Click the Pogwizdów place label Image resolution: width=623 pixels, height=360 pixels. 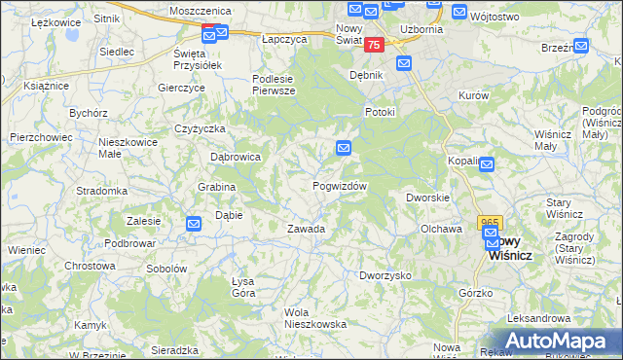pos(339,186)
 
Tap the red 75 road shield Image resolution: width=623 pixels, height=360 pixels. pos(376,46)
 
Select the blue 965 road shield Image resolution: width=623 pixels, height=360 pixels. pos(489,223)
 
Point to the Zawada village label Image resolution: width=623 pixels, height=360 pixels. pos(305,229)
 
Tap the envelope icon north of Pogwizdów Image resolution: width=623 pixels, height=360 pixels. pos(344,148)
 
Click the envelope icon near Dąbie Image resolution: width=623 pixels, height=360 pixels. pos(194,224)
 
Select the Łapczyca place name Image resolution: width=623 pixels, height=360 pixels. pos(284,40)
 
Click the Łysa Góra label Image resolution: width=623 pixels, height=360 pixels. pos(243,287)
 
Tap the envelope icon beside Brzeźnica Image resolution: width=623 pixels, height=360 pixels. pos(581,46)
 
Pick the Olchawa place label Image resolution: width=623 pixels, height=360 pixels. pos(440,229)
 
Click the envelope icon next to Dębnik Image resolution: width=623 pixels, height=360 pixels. pos(404,63)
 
